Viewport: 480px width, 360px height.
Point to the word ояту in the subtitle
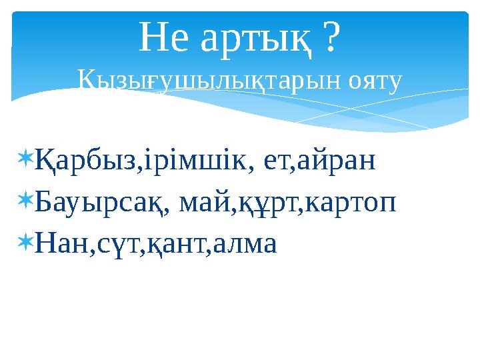click(375, 82)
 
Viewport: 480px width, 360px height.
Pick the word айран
click(334, 162)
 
